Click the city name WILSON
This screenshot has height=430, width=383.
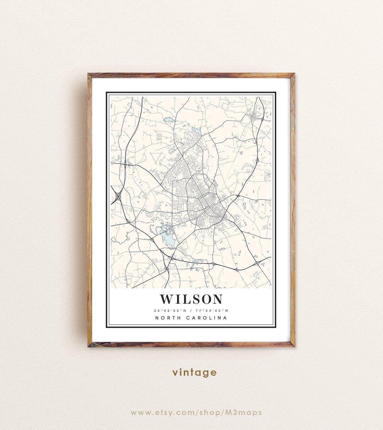click(x=191, y=299)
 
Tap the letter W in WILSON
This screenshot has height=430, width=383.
click(x=166, y=299)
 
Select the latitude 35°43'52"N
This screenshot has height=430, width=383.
click(x=169, y=310)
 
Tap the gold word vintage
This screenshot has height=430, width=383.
click(x=194, y=372)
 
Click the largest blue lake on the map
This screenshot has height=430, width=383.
click(x=167, y=238)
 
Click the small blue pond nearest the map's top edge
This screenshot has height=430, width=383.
click(x=169, y=120)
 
